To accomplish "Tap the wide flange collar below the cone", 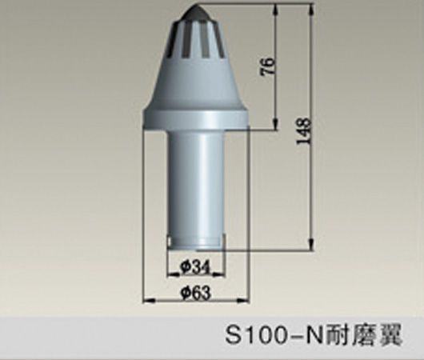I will pyautogui.click(x=195, y=121).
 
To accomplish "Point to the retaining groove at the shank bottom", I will pyautogui.click(x=195, y=241).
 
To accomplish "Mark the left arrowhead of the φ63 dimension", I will pyautogui.click(x=146, y=301).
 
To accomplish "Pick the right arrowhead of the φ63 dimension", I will pyautogui.click(x=245, y=301).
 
